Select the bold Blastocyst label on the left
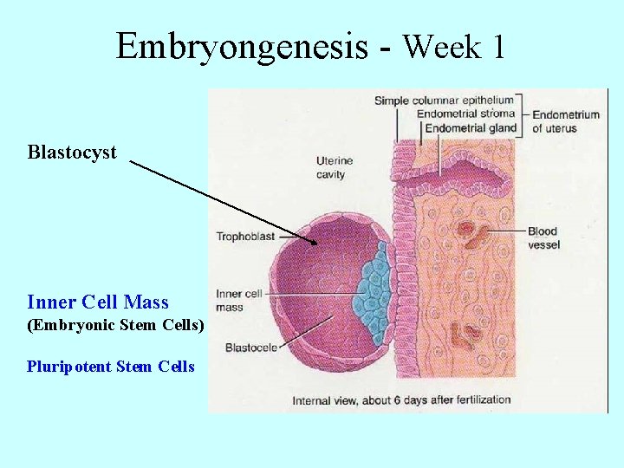tap(72, 153)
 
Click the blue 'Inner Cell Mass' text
tap(98, 302)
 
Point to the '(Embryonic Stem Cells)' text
tap(116, 326)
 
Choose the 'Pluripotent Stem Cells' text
tap(111, 367)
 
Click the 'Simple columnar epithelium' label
tap(444, 101)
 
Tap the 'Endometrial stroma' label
tap(465, 114)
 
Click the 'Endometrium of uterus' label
tap(565, 121)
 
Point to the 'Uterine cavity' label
tap(330, 168)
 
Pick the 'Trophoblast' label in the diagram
tap(245, 236)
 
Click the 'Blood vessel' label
tap(543, 237)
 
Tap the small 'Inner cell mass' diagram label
tap(230, 301)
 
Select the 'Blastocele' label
tap(251, 348)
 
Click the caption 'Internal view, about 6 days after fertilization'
tap(401, 400)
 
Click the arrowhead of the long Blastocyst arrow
tap(315, 243)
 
